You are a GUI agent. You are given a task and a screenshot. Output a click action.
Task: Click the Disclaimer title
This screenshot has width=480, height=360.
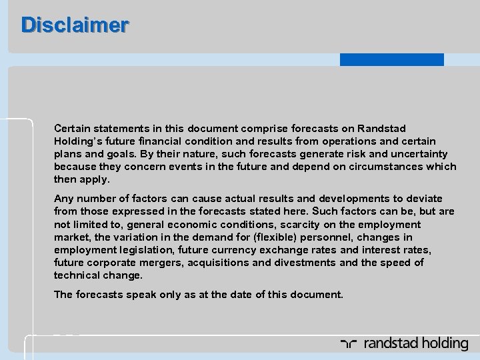click(75, 25)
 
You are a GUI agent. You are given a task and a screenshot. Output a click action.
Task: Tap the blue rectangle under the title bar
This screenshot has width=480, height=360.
click(391, 59)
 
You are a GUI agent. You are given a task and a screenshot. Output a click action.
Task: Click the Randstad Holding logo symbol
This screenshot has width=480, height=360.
click(349, 344)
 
